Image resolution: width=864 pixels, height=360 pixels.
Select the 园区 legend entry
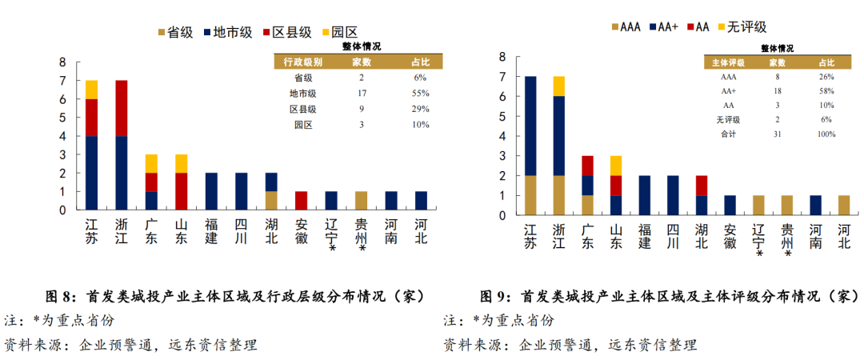click(x=344, y=32)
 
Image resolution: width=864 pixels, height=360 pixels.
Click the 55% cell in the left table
click(x=420, y=94)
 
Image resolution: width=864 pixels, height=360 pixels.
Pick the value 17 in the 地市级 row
click(x=362, y=94)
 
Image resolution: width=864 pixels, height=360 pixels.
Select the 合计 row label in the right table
click(x=729, y=134)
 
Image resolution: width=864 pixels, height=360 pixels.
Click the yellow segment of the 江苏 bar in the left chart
click(x=91, y=89)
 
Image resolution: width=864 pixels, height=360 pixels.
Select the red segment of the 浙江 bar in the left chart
click(x=121, y=108)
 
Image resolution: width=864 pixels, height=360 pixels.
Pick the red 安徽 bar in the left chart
click(x=302, y=200)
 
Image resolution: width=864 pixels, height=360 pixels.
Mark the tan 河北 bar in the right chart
click(x=843, y=205)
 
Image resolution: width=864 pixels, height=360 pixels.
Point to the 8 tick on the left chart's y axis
click(x=62, y=62)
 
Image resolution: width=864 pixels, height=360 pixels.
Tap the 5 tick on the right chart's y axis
click(x=502, y=116)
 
